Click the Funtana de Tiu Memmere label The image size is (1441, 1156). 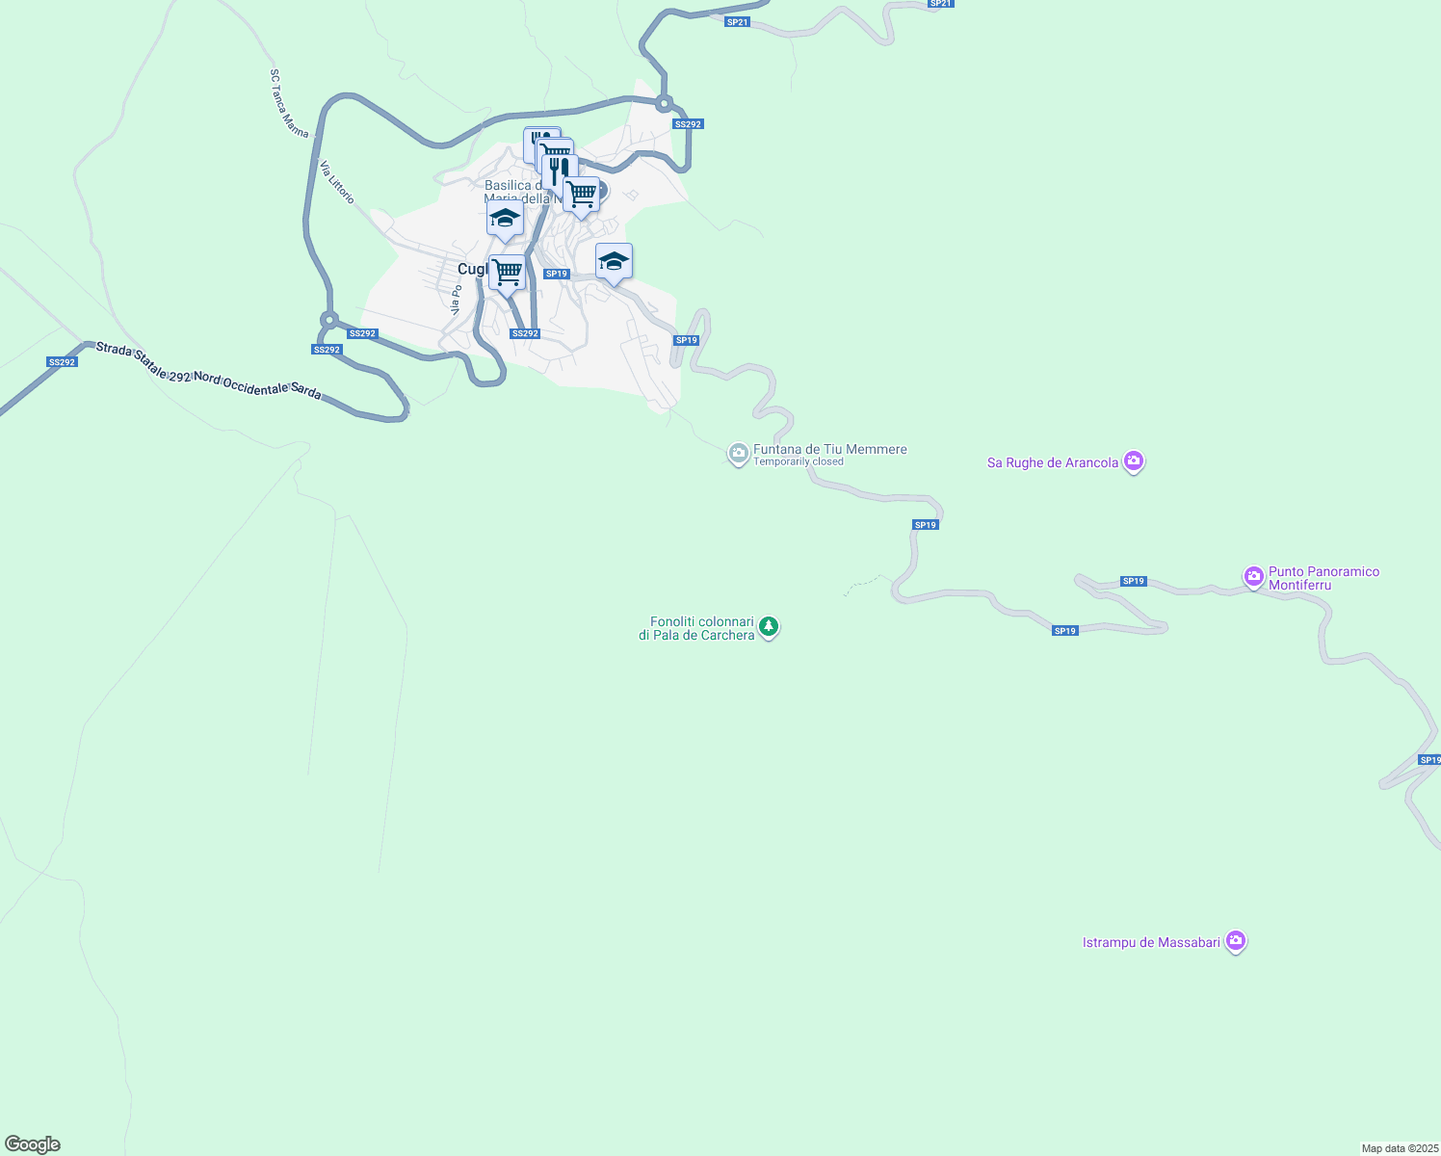click(829, 449)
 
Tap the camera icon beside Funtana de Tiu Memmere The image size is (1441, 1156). click(738, 453)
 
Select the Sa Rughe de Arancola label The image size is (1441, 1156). click(1053, 463)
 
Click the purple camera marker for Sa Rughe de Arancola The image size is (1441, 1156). click(1134, 461)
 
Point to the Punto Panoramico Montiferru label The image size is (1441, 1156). click(1323, 578)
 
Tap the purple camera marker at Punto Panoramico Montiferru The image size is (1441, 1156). click(1253, 576)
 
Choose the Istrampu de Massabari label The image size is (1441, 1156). click(1151, 942)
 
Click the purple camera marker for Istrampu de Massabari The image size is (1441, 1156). click(1236, 941)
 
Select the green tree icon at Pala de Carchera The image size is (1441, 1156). click(768, 627)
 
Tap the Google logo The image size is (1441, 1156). click(33, 1144)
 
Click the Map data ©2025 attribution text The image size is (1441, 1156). click(1400, 1148)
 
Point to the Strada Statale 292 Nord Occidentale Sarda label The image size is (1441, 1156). click(208, 371)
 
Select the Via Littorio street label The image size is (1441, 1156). click(337, 181)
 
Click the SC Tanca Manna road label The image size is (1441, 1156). click(288, 103)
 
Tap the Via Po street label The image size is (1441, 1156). click(457, 299)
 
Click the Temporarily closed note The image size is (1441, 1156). click(798, 462)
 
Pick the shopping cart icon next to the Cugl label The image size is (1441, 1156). click(507, 273)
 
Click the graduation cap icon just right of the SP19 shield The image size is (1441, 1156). click(614, 261)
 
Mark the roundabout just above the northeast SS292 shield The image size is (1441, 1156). click(664, 103)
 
